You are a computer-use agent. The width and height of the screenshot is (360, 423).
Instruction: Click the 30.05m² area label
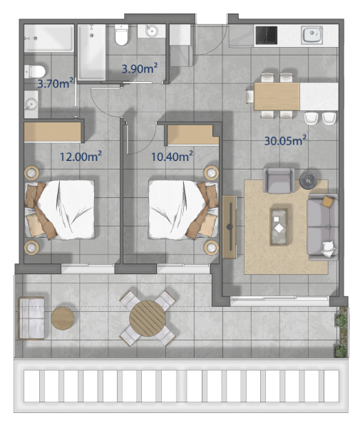285,140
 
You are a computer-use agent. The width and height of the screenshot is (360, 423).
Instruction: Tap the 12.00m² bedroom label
81,156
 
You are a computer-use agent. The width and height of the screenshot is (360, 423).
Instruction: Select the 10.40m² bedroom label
172,156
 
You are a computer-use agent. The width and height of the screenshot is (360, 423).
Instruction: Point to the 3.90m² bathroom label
139,68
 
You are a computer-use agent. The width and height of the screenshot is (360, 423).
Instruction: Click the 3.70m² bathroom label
56,83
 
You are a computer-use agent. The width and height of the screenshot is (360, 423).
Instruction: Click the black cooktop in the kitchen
267,35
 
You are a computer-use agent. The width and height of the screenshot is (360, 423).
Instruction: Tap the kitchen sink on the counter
312,35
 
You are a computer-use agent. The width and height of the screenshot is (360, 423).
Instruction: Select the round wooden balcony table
148,318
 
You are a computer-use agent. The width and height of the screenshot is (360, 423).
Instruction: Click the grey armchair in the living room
279,180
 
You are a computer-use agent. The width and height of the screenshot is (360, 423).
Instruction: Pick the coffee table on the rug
279,227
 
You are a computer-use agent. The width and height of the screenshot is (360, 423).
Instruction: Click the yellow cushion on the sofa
328,202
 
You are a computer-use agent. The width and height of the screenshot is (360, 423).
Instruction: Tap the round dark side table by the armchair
308,180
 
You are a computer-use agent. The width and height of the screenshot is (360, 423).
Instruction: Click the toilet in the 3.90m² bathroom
121,35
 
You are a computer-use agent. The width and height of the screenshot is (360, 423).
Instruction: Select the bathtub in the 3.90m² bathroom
92,52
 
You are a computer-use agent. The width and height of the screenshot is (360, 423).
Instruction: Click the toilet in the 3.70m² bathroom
35,71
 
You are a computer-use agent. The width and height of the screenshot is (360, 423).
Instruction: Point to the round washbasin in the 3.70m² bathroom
31,104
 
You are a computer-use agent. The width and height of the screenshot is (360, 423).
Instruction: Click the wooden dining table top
277,96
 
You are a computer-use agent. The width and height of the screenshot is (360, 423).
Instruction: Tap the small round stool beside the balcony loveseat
63,318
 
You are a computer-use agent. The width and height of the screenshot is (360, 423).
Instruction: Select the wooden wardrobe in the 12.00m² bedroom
53,132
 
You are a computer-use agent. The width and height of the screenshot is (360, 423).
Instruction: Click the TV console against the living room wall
230,227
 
